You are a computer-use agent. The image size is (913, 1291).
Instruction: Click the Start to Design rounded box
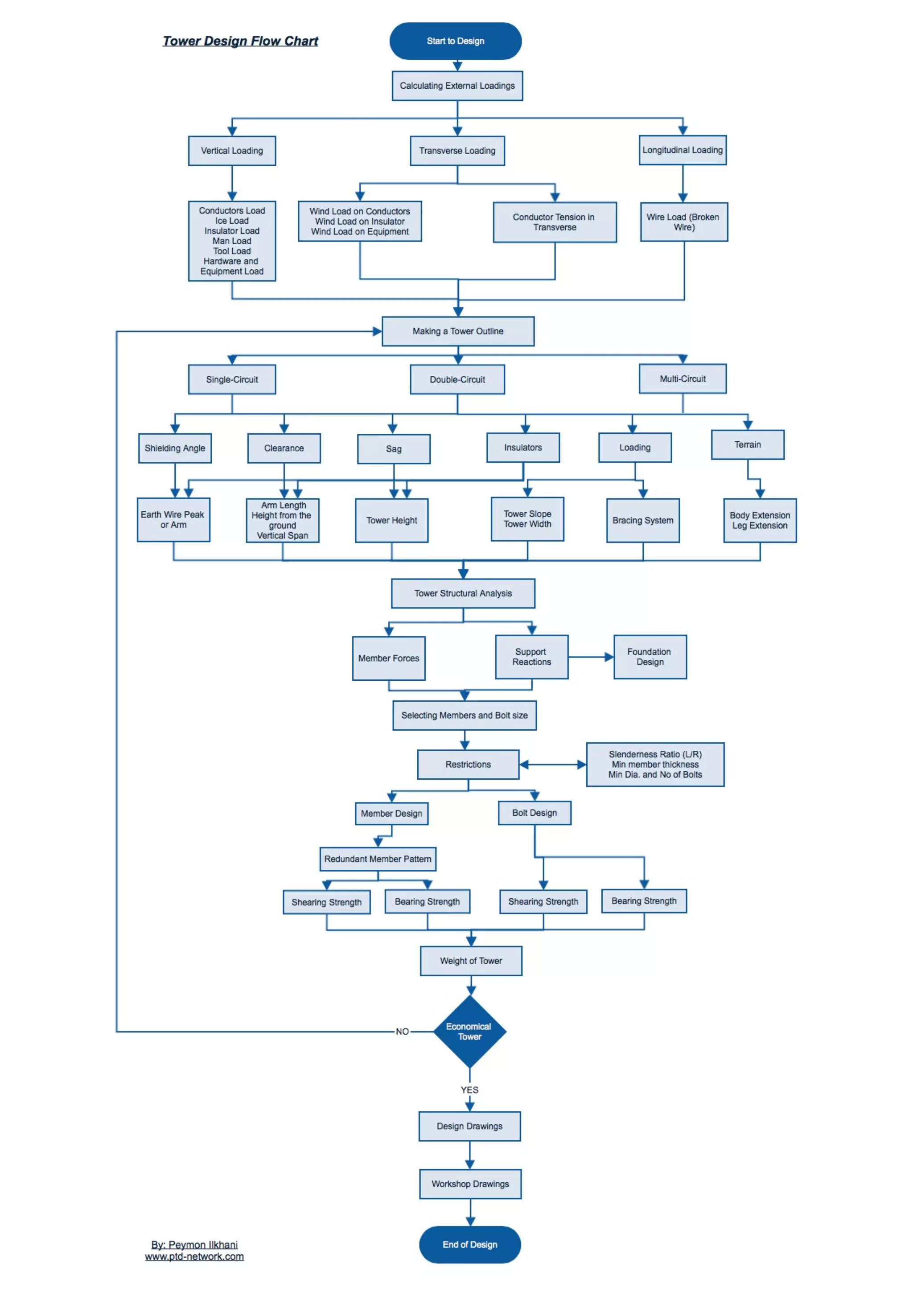[455, 41]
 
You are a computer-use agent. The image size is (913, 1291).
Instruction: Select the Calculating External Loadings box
[457, 86]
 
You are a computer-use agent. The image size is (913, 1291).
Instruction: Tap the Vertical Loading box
[232, 151]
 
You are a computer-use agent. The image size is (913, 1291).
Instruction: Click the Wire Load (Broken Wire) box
[683, 222]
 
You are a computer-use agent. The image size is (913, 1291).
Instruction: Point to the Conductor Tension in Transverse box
[554, 222]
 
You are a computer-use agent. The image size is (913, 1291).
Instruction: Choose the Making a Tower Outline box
[458, 331]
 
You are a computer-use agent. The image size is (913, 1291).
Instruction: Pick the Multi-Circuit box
[683, 379]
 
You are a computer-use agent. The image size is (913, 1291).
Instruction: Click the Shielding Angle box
[175, 448]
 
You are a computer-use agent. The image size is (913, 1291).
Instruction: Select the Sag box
[394, 449]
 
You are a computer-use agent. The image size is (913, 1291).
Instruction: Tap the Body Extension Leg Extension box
[760, 521]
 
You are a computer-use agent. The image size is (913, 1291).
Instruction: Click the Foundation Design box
[650, 657]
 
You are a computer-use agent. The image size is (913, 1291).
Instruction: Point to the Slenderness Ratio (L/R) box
[655, 764]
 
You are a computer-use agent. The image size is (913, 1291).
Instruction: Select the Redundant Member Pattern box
[378, 859]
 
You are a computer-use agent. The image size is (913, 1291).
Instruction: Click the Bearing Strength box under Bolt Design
[644, 901]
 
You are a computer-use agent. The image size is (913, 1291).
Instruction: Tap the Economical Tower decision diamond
[469, 1031]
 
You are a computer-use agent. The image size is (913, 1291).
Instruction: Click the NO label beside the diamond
[402, 1031]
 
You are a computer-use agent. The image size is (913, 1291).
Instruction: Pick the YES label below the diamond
[469, 1090]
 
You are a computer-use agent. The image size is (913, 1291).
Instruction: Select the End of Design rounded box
[469, 1244]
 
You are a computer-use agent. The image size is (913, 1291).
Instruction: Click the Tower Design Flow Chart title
[240, 41]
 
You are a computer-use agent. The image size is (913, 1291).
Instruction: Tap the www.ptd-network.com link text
[194, 1257]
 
